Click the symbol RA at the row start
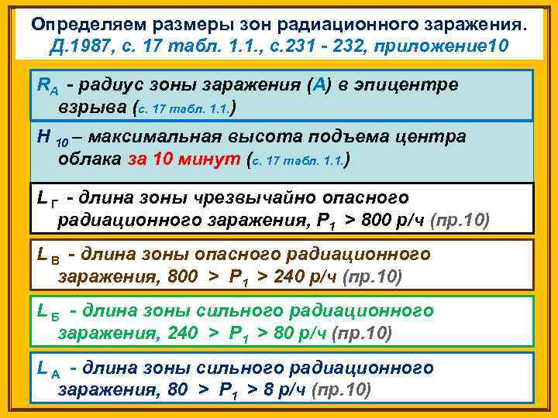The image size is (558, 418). tap(46, 85)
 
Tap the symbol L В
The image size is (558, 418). tap(48, 256)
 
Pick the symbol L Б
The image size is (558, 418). tap(48, 312)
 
